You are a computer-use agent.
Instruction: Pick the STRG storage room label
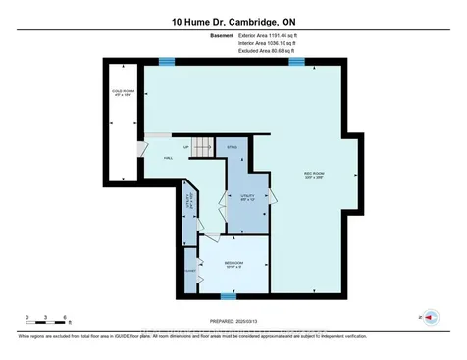(233, 148)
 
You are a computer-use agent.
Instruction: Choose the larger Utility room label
(247, 196)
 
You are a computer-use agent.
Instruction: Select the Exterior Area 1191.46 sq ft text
(283, 35)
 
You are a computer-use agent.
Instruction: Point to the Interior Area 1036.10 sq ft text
(283, 43)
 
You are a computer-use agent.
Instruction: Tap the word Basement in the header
(222, 35)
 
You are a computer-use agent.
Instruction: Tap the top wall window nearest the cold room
(167, 63)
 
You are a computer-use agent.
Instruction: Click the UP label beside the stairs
(186, 148)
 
